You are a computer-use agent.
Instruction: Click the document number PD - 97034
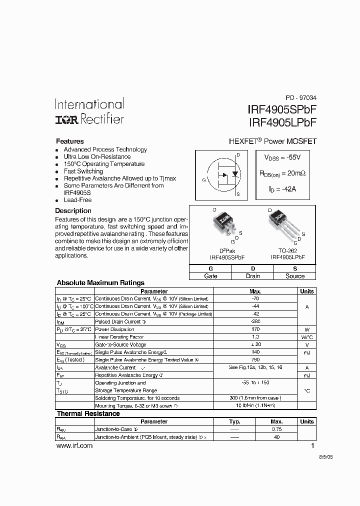(300, 98)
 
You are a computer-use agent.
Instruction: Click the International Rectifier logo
(89, 111)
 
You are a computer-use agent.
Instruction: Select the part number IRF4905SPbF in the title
(282, 109)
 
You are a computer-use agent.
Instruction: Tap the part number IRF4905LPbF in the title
(282, 122)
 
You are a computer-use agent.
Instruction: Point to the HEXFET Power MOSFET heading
(272, 141)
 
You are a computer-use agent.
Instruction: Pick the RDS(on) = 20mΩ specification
(282, 173)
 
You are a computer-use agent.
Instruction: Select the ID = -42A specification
(280, 189)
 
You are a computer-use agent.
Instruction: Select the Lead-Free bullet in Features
(77, 200)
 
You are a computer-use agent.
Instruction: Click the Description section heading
(73, 211)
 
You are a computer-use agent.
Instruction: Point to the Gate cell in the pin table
(211, 276)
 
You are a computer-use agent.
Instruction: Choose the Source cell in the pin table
(295, 276)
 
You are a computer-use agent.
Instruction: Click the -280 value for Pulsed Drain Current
(255, 321)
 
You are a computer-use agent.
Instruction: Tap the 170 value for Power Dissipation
(255, 329)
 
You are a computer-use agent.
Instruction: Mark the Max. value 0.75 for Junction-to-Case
(276, 429)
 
